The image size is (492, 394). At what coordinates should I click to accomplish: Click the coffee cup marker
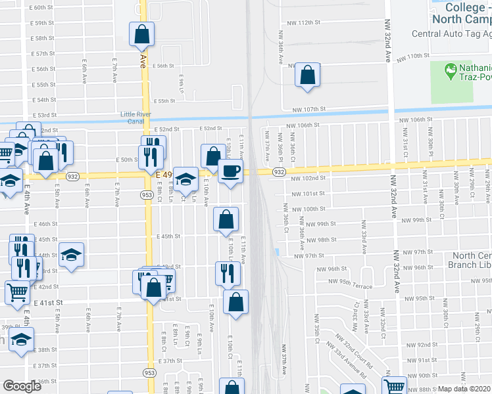(x=230, y=172)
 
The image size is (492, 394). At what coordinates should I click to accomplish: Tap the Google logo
(x=22, y=386)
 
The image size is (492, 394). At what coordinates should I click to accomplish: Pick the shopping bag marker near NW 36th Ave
(x=307, y=76)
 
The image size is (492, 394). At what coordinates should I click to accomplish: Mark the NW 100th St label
(x=309, y=209)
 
